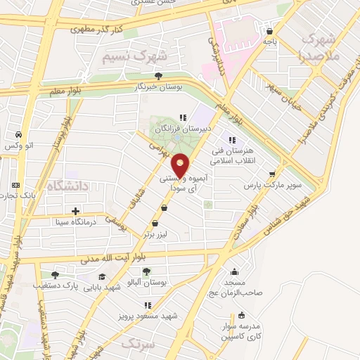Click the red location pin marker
point(181,165)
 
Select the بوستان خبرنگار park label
point(159,88)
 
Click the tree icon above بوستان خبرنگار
point(159,76)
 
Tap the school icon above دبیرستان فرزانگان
point(183,118)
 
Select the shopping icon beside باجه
point(269,31)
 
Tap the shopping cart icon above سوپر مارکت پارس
point(271,174)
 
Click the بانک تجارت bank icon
point(15,186)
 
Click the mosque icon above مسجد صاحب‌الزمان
point(234,271)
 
